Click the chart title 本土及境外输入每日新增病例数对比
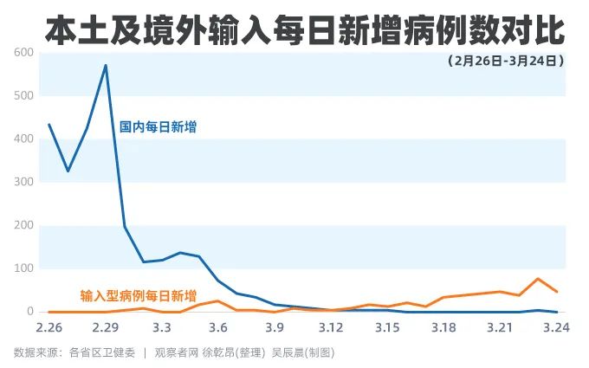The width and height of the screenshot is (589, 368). point(305,30)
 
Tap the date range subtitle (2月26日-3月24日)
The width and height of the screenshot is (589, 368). point(506,61)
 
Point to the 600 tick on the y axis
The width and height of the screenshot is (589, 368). point(23,52)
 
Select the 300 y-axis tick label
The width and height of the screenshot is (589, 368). point(23,182)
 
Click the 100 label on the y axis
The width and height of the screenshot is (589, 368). point(23,268)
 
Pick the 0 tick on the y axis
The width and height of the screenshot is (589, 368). point(30,312)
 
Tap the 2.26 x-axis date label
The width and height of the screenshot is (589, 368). point(49,327)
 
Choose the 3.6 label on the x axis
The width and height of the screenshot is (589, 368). point(218,327)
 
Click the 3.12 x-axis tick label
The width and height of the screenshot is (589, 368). point(331,327)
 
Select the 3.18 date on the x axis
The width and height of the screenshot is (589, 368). point(443,327)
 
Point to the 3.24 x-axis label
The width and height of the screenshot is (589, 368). point(556,327)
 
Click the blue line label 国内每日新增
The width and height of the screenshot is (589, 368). point(158,127)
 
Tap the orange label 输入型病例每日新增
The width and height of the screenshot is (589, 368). point(139,296)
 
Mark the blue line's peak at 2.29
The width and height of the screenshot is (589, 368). point(106,65)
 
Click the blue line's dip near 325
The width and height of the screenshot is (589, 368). point(68,171)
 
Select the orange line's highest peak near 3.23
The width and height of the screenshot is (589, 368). point(538,279)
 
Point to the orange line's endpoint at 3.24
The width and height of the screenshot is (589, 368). point(557,292)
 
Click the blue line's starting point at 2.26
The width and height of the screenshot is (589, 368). point(49,125)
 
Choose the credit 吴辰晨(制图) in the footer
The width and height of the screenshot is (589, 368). point(303,352)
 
